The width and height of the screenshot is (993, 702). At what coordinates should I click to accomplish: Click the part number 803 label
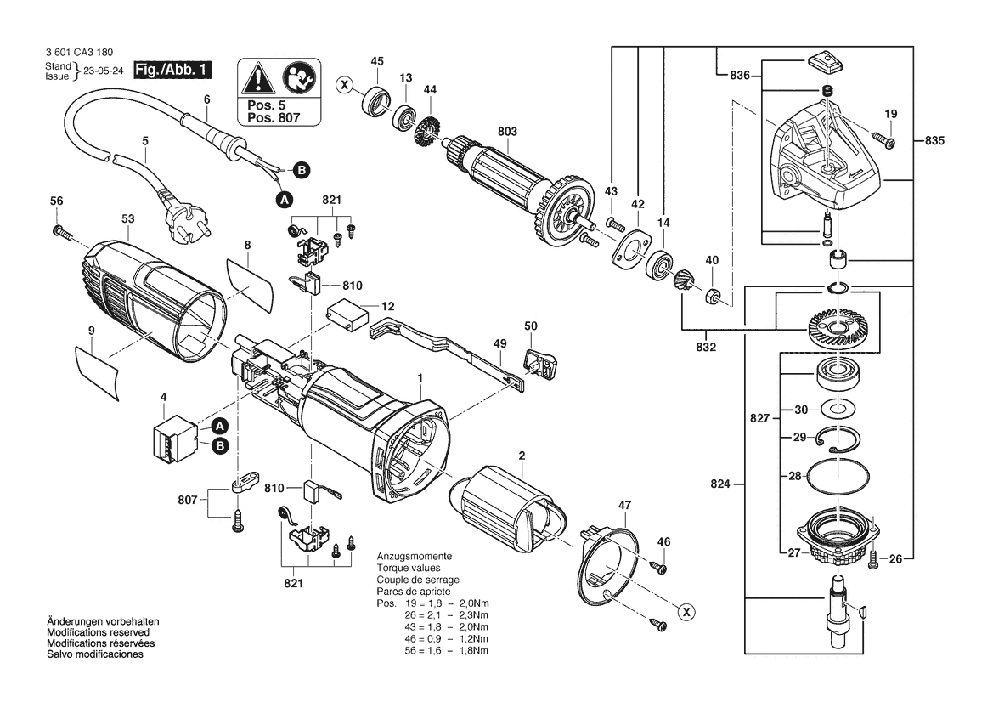[507, 132]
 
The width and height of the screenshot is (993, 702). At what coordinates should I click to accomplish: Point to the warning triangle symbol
[255, 80]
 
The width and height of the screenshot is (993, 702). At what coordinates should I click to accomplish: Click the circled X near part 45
[344, 84]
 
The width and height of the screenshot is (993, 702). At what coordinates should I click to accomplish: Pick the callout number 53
[128, 218]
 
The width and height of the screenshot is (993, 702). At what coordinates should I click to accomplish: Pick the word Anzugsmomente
[415, 557]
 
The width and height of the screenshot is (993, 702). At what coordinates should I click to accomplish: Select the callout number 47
[626, 506]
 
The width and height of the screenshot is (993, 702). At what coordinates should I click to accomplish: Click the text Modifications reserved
[99, 633]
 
